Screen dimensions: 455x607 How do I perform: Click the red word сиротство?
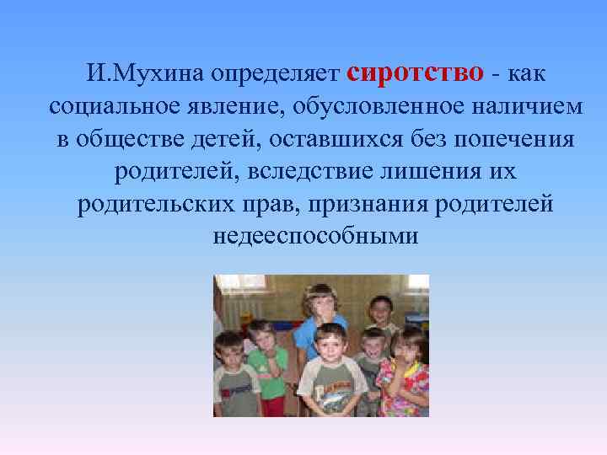(x=415, y=72)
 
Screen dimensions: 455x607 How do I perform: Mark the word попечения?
(x=508, y=140)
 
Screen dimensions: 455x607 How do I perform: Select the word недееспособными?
(x=316, y=237)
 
